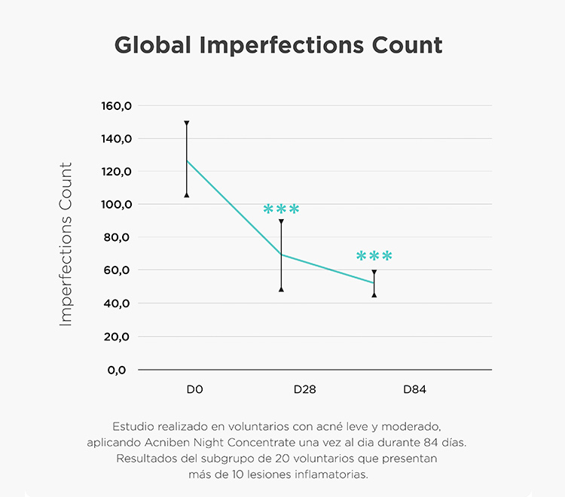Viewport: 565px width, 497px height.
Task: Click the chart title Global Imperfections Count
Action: pos(278,44)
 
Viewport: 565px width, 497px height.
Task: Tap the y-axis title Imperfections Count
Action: pos(66,244)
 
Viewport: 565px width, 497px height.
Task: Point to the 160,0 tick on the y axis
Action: pos(116,106)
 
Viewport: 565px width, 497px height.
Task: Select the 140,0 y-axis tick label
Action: pos(116,139)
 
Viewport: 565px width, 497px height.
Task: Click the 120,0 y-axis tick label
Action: pos(116,172)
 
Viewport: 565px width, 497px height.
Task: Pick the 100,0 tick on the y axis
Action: pos(116,205)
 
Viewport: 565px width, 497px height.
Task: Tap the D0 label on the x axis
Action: pos(195,390)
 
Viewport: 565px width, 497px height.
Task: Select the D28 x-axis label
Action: pos(305,390)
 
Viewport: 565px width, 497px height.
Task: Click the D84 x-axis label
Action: pos(415,390)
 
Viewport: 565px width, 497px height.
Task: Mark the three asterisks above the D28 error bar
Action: pos(281,209)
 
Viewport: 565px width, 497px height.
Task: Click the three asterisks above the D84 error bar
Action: pos(374,257)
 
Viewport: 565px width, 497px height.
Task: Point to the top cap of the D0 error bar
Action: pos(187,122)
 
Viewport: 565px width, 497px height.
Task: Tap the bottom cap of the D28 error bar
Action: pos(281,289)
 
